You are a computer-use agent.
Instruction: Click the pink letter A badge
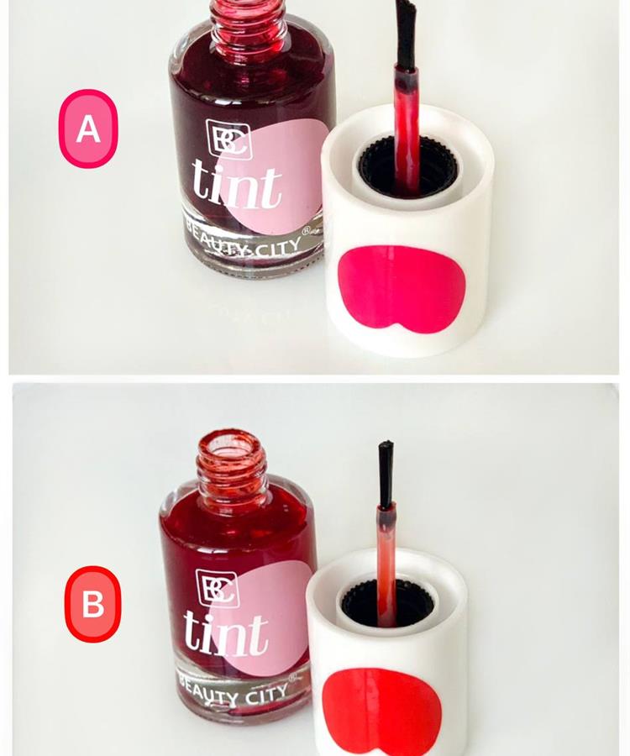(x=88, y=129)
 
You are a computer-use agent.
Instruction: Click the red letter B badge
(x=93, y=604)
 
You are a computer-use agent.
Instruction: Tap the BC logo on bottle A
(x=229, y=139)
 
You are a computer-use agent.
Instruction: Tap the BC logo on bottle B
(x=218, y=588)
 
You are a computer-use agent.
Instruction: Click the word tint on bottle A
(x=237, y=185)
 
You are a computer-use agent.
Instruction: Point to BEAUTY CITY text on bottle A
(x=244, y=242)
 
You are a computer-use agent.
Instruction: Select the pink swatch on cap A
(x=402, y=288)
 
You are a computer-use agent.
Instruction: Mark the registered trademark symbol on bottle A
(x=306, y=231)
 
